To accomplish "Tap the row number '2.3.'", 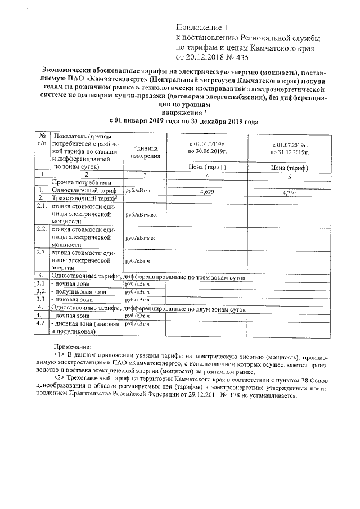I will [41, 252].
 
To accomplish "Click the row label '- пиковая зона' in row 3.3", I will [73, 300].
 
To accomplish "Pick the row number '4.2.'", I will [41, 324].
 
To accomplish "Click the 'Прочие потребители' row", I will [84, 183].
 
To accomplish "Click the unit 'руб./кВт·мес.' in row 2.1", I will [141, 214].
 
